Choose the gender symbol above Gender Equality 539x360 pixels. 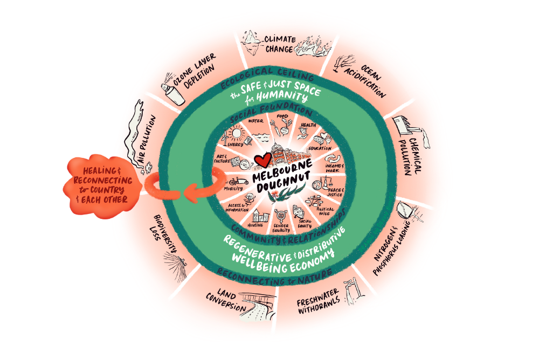[280, 213]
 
